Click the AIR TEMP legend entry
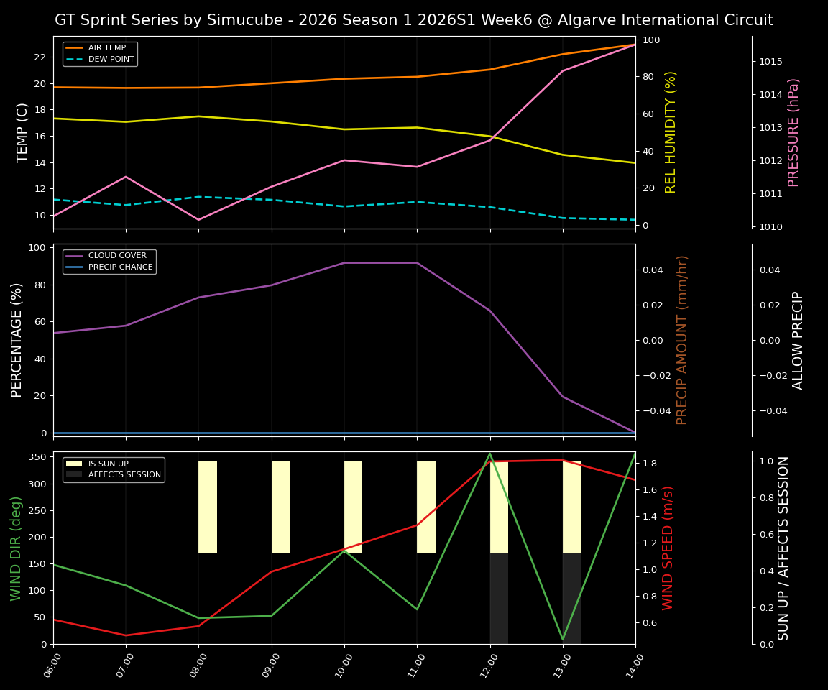tap(106, 48)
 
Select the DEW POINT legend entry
tap(111, 60)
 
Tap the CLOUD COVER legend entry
tap(117, 256)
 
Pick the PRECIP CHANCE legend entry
tap(120, 267)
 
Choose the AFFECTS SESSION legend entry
tap(124, 475)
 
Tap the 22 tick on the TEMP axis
tap(40, 57)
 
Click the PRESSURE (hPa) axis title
tap(793, 132)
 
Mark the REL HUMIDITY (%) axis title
tap(671, 132)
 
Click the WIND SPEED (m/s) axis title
tap(668, 548)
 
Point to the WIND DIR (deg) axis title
tap(16, 548)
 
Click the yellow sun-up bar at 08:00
tap(208, 507)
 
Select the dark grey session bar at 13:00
tap(571, 598)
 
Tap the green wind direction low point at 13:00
tap(563, 639)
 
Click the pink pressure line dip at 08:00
tap(198, 220)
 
